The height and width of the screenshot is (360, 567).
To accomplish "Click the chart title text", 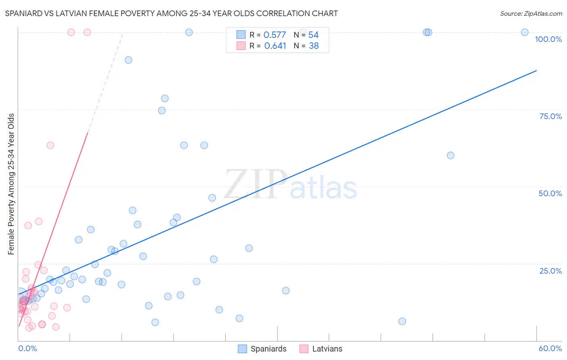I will point(171,13).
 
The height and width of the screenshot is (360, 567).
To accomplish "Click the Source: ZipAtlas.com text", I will point(531,13).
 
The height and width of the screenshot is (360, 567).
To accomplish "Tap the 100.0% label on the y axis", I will point(548,39).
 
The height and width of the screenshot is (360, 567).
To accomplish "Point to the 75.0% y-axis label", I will point(550,116).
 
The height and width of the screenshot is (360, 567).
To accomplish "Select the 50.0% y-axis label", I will point(550,193).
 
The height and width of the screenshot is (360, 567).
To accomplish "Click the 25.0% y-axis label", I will point(550,271).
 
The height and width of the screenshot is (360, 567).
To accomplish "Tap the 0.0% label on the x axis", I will point(27,348).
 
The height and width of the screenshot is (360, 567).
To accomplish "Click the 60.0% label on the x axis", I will point(550,348).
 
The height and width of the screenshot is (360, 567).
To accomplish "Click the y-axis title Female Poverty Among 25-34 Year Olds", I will point(11,184).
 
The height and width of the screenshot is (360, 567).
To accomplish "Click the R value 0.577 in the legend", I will point(275,35).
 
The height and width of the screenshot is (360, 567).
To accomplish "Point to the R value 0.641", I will point(275,46).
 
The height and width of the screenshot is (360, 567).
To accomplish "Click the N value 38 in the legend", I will point(314,46).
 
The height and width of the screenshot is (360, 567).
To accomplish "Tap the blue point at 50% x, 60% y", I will point(450,155).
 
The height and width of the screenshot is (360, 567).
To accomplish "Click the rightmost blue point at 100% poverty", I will point(525,32).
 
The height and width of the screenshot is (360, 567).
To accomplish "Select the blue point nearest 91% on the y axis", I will point(128,60).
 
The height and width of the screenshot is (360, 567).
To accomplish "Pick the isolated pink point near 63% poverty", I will point(50,145).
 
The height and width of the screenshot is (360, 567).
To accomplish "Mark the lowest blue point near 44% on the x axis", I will point(402,321).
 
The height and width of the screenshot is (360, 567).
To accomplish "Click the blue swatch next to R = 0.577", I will point(241,35).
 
